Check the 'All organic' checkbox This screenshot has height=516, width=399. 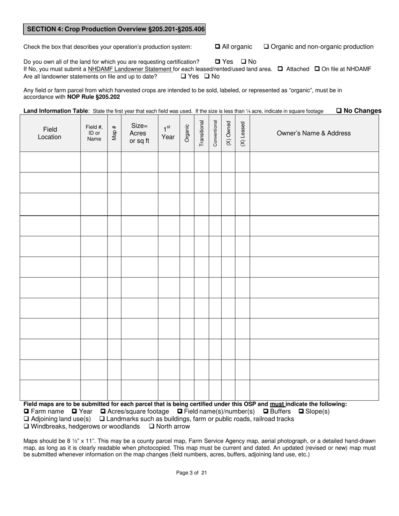point(218,47)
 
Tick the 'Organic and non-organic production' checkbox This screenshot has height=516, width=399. point(266,47)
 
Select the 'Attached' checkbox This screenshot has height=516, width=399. point(280,69)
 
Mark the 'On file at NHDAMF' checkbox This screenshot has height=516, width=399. point(317,69)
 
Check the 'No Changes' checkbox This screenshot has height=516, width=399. point(339,111)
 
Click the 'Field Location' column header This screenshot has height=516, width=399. point(50,133)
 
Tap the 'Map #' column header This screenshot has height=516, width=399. point(114,133)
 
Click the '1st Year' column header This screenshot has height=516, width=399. point(168,133)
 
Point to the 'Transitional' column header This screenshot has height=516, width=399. point(201,133)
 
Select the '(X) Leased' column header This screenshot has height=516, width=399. point(242,133)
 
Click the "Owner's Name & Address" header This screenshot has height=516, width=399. point(313,133)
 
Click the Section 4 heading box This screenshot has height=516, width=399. point(114,29)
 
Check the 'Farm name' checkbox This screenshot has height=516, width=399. point(26,412)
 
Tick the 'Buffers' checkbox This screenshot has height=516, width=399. point(265,412)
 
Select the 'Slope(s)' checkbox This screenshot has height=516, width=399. point(301,412)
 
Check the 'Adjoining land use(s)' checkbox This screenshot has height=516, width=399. point(26,419)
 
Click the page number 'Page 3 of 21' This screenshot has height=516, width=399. point(192,473)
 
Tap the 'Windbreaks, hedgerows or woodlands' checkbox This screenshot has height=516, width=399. point(26,427)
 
